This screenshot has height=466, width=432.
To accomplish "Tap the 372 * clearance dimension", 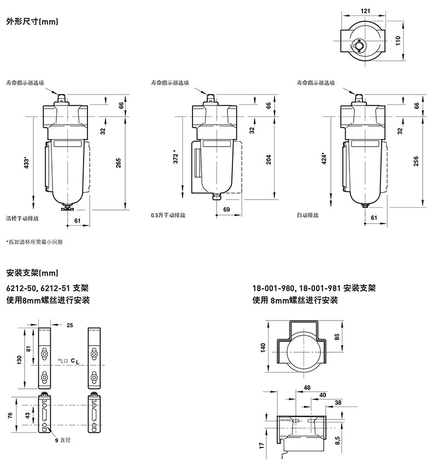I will pos(175,158).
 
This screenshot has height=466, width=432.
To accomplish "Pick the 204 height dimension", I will pos(268,159).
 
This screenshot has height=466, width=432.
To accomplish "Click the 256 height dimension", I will pos(416,161).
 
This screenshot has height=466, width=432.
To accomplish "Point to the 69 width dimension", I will pos(226,209).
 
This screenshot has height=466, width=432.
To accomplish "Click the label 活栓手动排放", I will pos(22,217).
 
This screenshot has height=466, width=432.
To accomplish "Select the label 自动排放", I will pos(307,215).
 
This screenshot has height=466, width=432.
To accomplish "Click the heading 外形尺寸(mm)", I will pos(32,22).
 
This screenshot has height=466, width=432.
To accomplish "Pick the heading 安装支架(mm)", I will pos(32,272).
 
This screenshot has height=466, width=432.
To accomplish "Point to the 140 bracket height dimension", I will pos(263,348).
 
